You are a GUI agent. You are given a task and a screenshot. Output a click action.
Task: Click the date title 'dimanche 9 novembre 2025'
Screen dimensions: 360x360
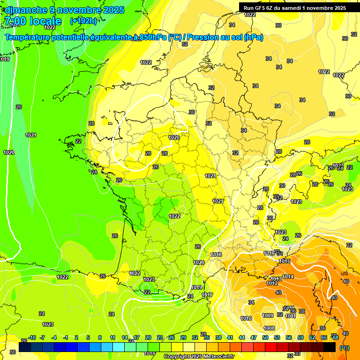(65, 10)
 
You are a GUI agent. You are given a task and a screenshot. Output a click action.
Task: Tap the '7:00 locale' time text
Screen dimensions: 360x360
(32, 21)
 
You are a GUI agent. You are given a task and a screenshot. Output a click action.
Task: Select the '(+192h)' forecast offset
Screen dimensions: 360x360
(83, 21)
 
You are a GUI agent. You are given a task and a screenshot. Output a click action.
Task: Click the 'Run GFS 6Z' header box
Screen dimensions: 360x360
(294, 7)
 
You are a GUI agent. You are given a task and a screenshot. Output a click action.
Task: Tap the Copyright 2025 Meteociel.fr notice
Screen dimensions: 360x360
(198, 356)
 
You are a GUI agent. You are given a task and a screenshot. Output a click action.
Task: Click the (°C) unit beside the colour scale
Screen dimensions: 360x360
(344, 348)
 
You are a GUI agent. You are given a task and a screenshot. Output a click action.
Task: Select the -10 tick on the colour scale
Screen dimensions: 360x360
(32, 337)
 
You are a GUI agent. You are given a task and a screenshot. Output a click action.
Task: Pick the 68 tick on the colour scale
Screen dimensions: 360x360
(336, 337)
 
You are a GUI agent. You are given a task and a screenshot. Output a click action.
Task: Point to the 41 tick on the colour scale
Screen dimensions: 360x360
(230, 337)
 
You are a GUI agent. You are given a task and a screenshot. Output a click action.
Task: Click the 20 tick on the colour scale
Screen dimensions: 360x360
(148, 337)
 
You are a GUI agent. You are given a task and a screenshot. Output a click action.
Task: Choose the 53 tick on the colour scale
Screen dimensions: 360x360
(277, 337)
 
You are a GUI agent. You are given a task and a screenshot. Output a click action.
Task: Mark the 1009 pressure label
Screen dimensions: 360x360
(268, 315)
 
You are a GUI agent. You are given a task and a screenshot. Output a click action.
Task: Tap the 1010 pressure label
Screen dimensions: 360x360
(246, 318)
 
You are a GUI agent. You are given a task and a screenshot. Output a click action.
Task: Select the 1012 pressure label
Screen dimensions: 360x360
(272, 283)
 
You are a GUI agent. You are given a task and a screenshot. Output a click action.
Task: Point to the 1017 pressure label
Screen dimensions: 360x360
(207, 295)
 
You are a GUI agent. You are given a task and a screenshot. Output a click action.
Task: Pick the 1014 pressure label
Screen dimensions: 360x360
(288, 277)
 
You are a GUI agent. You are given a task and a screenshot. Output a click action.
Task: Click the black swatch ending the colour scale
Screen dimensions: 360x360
(330, 347)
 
